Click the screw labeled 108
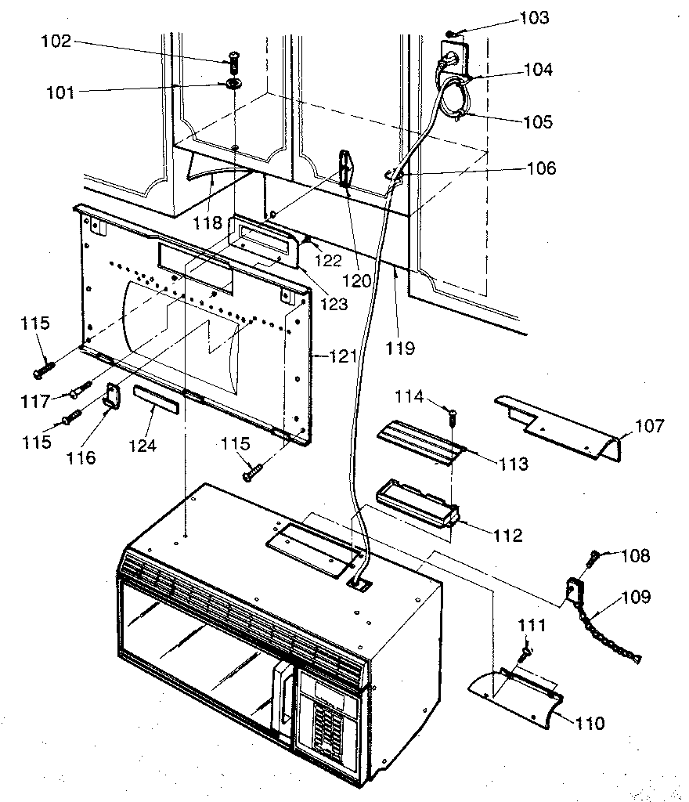pos(593,557)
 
